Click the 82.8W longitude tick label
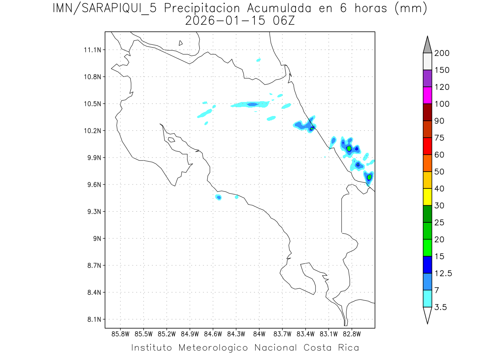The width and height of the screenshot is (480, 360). pyautogui.click(x=351, y=334)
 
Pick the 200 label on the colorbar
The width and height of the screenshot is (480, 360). pyautogui.click(x=442, y=53)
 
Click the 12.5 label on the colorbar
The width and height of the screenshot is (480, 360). pyautogui.click(x=443, y=274)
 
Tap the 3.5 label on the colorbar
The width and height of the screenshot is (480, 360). pyautogui.click(x=441, y=307)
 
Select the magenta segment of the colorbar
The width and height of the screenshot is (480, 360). pyautogui.click(x=427, y=95)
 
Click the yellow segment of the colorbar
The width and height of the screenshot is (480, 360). pyautogui.click(x=427, y=197)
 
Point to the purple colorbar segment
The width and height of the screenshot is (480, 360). pyautogui.click(x=427, y=78)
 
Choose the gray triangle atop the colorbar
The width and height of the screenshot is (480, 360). pyautogui.click(x=427, y=45)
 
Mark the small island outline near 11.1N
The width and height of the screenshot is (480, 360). pyautogui.click(x=181, y=43)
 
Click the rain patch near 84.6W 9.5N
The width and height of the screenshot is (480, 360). pyautogui.click(x=218, y=197)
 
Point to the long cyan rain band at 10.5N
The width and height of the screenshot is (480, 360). pyautogui.click(x=250, y=105)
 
